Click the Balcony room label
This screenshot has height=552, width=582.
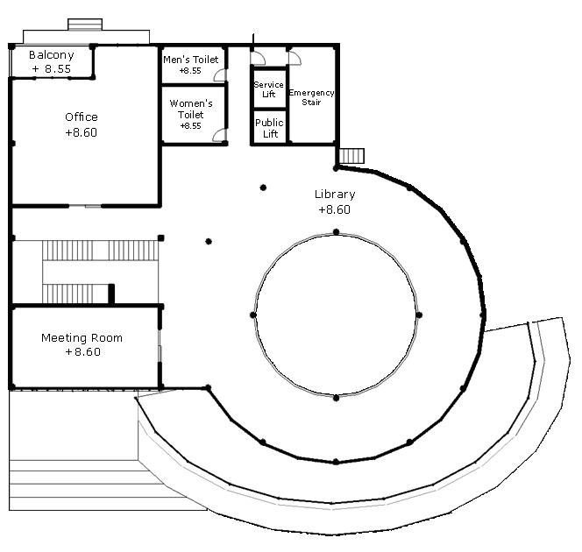(52, 54)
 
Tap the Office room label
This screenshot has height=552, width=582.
(82, 117)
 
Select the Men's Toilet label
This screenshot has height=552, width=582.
(190, 59)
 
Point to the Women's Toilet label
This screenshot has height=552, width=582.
(190, 109)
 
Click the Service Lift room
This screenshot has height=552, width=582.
(268, 88)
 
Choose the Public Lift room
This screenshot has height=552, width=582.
(268, 128)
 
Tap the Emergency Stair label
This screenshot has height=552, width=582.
(311, 97)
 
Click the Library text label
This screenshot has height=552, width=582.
(335, 195)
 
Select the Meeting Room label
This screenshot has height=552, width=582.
(82, 337)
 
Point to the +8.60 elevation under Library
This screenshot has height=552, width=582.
(334, 209)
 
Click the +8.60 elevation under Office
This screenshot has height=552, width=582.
(82, 132)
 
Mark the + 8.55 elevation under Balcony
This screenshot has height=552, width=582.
(51, 67)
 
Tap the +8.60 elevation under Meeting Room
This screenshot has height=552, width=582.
(82, 352)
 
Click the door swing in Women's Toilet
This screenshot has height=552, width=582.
(219, 136)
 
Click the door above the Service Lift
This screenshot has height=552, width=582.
(259, 58)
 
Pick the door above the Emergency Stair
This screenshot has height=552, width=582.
(295, 58)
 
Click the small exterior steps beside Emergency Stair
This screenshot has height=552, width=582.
(351, 156)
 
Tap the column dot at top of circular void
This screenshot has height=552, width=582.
(336, 231)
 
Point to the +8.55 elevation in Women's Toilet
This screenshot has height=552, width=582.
(190, 126)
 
